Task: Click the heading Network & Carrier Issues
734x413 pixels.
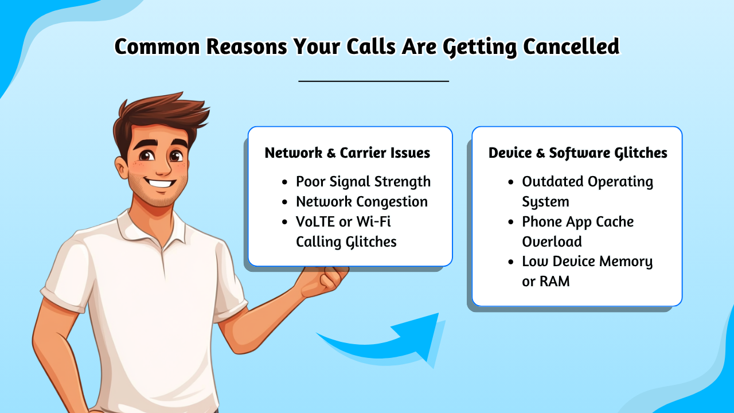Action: (348, 153)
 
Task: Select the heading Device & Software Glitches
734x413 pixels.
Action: (577, 153)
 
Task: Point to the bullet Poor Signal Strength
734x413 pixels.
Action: (363, 182)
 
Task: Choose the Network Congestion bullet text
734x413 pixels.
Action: (362, 202)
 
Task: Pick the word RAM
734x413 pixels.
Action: (554, 282)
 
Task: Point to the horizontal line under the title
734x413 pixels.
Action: (373, 81)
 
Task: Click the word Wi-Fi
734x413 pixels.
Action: (373, 222)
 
